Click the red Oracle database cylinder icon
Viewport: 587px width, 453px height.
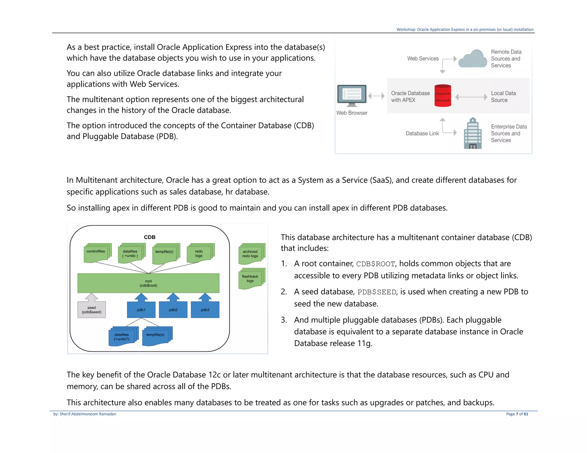point(443,96)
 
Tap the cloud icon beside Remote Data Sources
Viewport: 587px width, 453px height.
point(472,59)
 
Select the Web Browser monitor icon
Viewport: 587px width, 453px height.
point(352,95)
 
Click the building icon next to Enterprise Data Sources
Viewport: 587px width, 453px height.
point(473,134)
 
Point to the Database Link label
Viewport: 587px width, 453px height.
point(422,133)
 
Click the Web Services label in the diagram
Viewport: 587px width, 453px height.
point(423,59)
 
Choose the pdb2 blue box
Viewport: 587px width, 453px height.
point(173,310)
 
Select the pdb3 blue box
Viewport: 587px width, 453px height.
point(205,310)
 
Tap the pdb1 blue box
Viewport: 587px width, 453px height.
point(141,310)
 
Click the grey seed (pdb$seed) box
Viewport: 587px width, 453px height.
point(92,310)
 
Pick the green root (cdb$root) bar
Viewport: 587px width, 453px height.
point(148,283)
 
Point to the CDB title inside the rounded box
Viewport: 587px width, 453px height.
point(150,237)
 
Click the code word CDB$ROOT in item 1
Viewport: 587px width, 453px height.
point(375,264)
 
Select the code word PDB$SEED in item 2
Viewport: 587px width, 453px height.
point(377,292)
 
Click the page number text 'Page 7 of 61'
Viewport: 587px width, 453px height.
point(517,414)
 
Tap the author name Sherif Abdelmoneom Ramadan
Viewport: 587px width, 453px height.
point(88,414)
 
